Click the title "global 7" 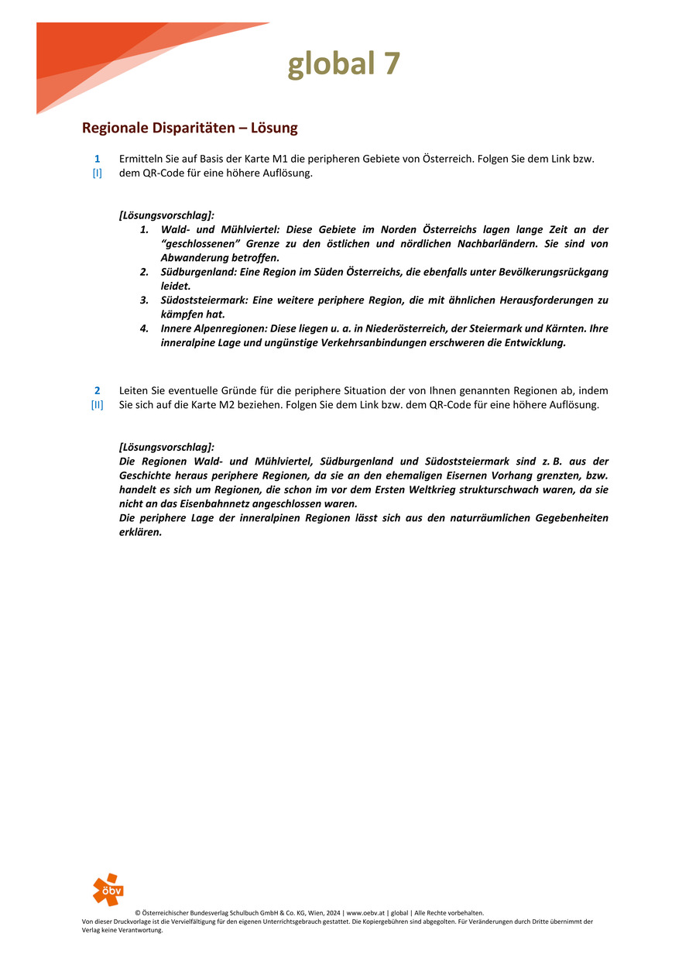click(344, 64)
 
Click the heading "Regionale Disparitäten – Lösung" click(190, 128)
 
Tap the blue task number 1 click(98, 159)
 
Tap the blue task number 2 click(98, 390)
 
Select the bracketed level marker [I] click(98, 173)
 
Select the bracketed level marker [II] click(98, 405)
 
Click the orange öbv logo click(108, 889)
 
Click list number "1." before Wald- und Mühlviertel click(145, 230)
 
